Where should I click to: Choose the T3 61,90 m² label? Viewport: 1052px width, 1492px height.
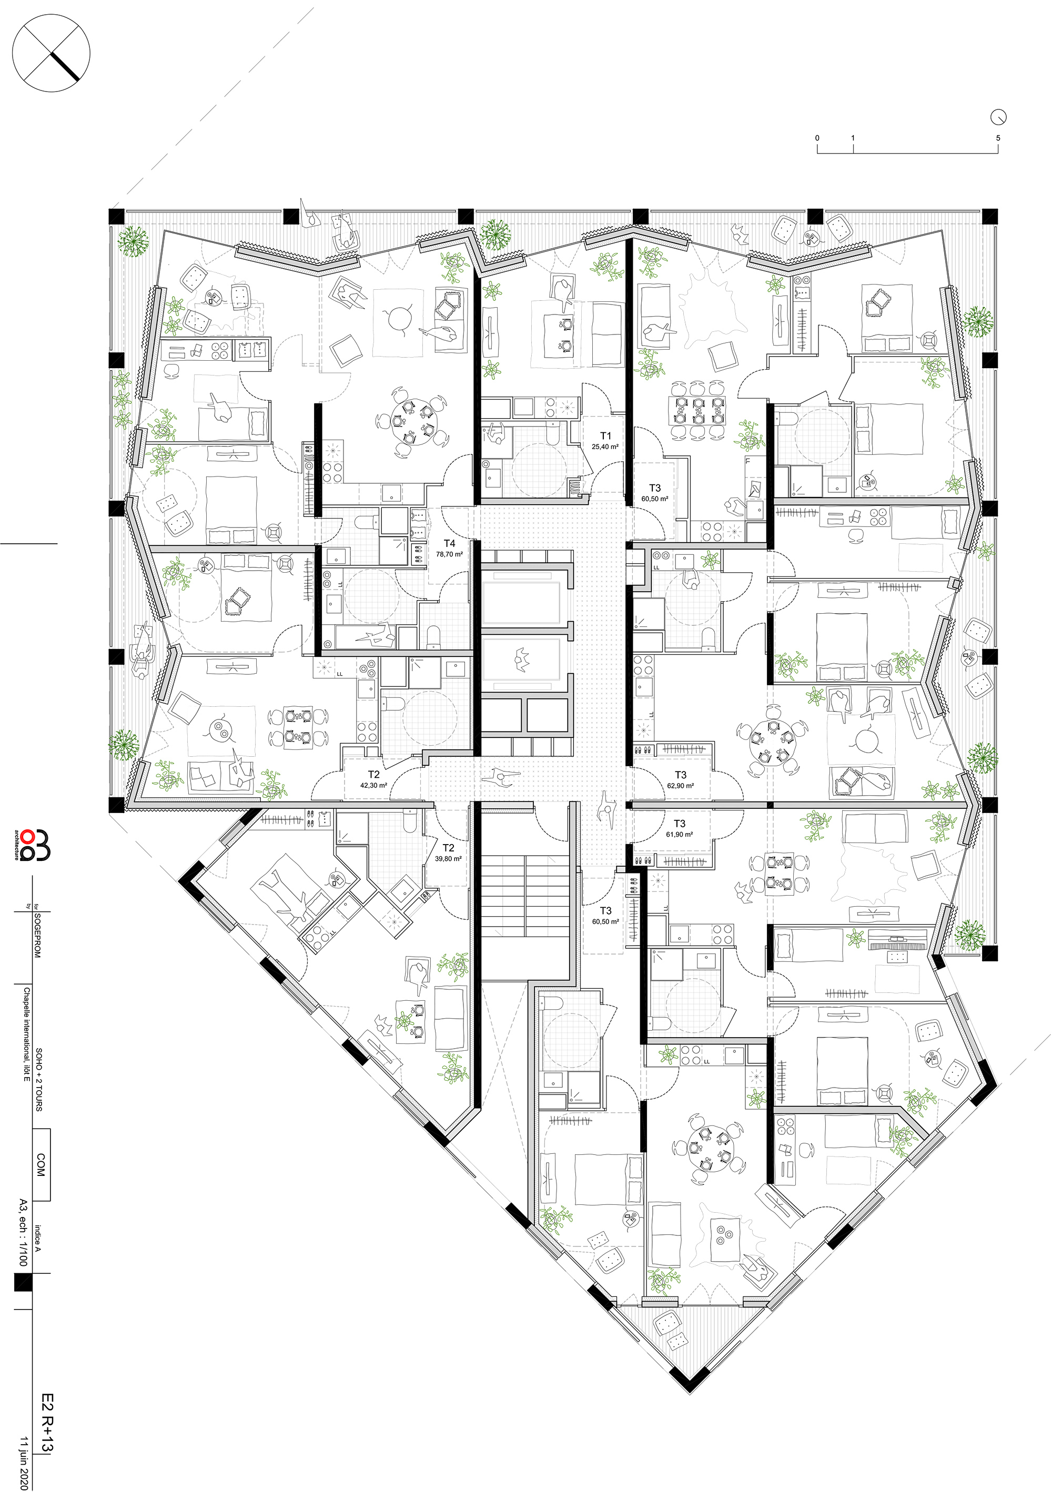point(679,828)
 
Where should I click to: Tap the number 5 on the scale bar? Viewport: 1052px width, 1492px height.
point(997,138)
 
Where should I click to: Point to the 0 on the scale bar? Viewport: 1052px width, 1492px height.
point(817,138)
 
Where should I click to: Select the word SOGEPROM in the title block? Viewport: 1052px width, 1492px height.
point(38,935)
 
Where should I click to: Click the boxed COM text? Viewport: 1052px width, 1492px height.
point(41,1164)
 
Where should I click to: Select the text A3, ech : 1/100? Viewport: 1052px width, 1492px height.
point(23,1232)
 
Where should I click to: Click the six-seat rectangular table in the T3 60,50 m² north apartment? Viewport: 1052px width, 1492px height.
point(699,410)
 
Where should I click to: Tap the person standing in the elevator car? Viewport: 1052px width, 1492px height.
point(520,659)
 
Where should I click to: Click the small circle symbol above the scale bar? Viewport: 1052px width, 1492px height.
point(998,117)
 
